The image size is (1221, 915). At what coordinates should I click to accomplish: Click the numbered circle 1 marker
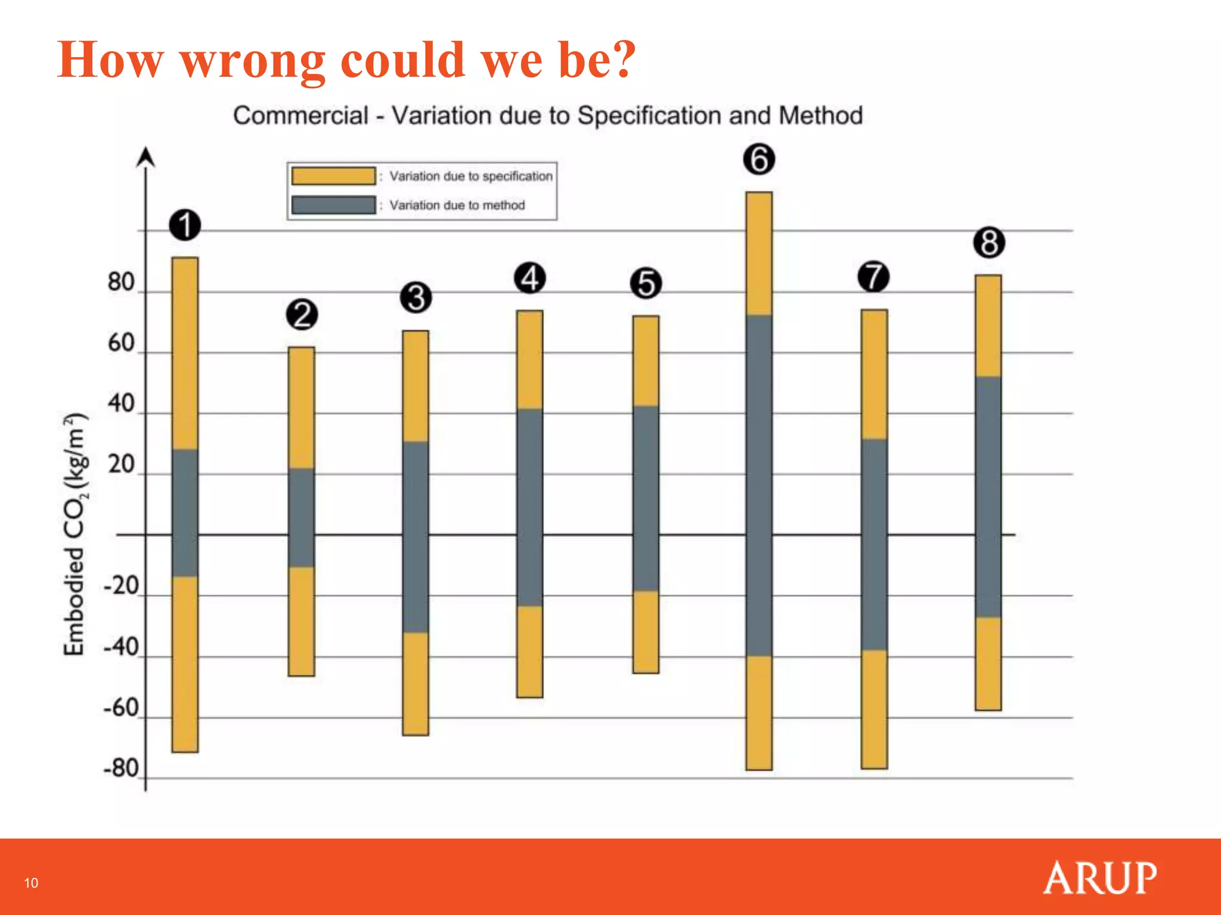(185, 225)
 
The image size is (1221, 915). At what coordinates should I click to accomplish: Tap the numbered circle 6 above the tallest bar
(759, 160)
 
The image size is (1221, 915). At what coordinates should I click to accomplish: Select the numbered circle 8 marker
(989, 243)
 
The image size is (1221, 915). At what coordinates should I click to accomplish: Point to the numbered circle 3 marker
(416, 298)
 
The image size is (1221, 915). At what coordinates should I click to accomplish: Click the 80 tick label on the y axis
(121, 282)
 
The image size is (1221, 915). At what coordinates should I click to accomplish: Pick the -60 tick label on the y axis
(121, 708)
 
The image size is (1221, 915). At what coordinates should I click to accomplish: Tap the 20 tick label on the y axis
(121, 465)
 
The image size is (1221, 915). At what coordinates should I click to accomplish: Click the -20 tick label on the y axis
(121, 587)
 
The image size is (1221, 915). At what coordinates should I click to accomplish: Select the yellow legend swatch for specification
(333, 176)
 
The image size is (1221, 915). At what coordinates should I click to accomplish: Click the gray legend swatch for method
(333, 205)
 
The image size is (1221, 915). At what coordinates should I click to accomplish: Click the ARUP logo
(1100, 877)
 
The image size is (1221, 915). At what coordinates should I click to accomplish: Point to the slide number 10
(31, 883)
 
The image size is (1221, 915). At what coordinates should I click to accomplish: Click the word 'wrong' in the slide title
(253, 61)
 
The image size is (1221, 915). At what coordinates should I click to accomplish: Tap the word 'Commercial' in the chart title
(301, 116)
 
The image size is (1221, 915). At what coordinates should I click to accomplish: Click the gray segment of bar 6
(759, 485)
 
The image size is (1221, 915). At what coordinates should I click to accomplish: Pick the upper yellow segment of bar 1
(185, 353)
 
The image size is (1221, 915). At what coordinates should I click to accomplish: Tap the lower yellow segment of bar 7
(874, 709)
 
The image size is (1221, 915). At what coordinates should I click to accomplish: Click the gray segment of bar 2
(301, 517)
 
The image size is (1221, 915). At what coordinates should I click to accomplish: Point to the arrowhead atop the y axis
(145, 157)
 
